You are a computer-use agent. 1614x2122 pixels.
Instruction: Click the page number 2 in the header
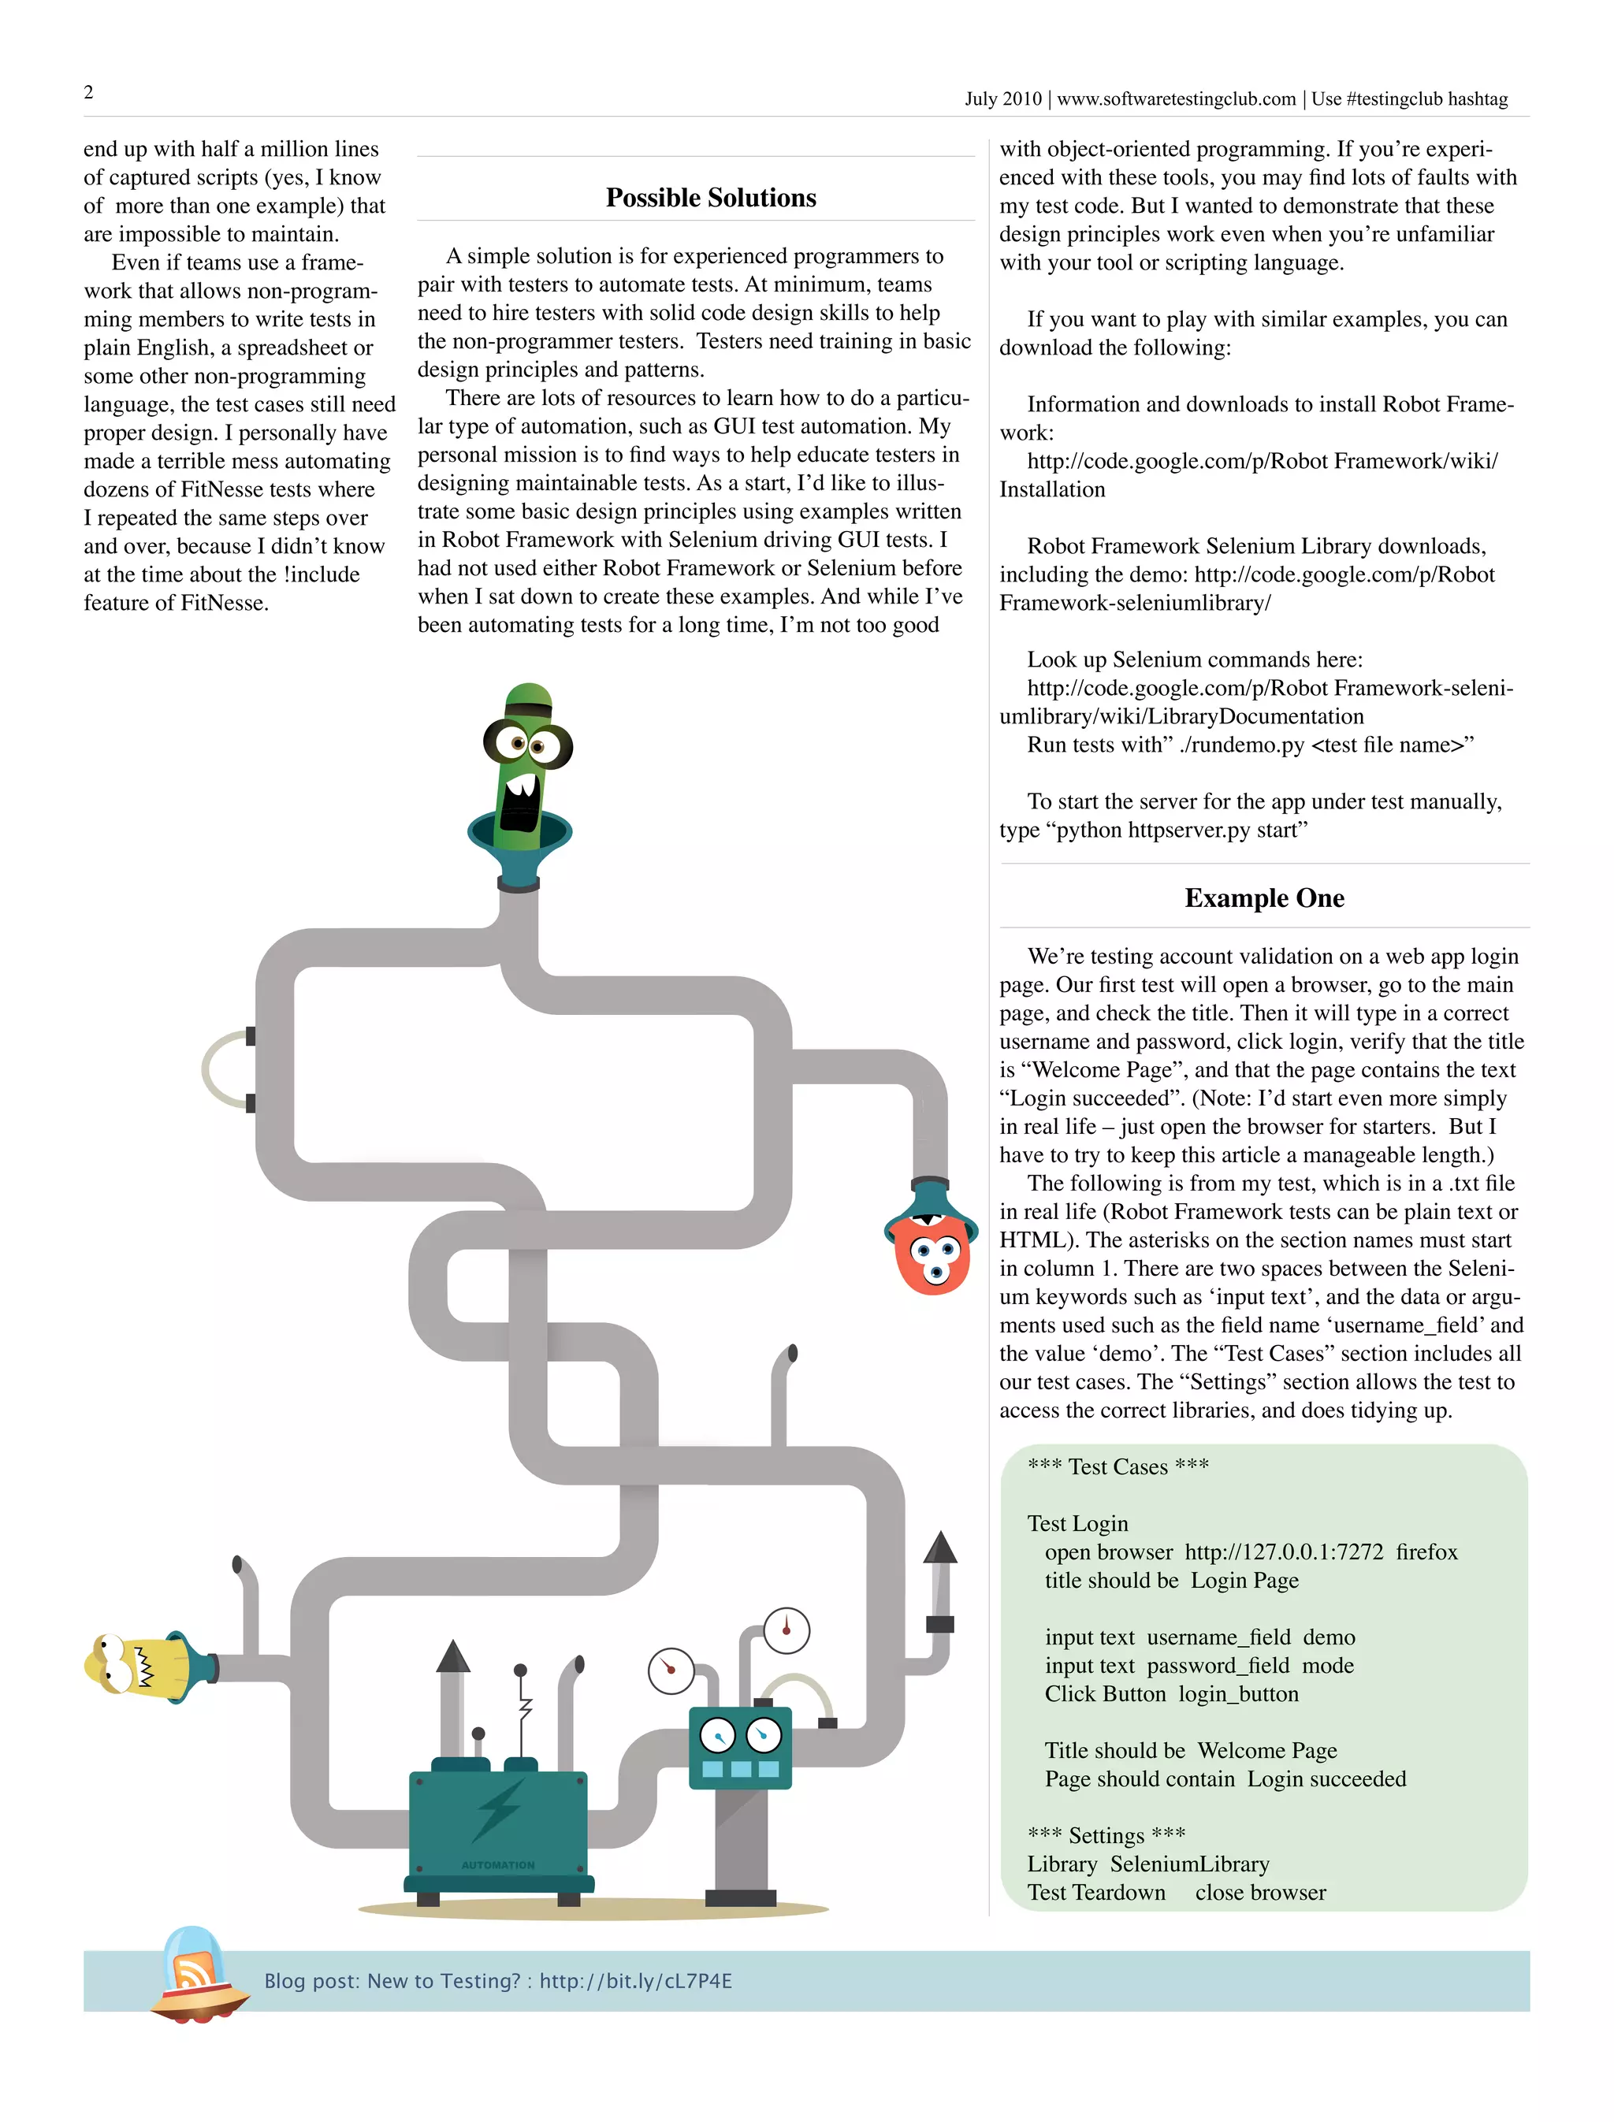[x=88, y=92]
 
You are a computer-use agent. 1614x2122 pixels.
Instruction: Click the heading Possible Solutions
[x=711, y=198]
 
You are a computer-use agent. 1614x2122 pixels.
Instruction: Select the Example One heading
[x=1264, y=898]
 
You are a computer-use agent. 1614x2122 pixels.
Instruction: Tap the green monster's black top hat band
[x=527, y=710]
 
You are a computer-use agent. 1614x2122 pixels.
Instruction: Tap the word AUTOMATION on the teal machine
[x=497, y=1864]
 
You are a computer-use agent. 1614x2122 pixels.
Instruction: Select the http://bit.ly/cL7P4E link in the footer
[x=635, y=1981]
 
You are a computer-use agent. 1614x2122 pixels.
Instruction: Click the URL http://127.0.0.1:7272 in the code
[x=1284, y=1552]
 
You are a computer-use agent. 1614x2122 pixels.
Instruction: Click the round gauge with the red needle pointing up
[x=787, y=1630]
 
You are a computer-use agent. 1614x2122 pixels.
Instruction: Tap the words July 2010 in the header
[x=1003, y=99]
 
